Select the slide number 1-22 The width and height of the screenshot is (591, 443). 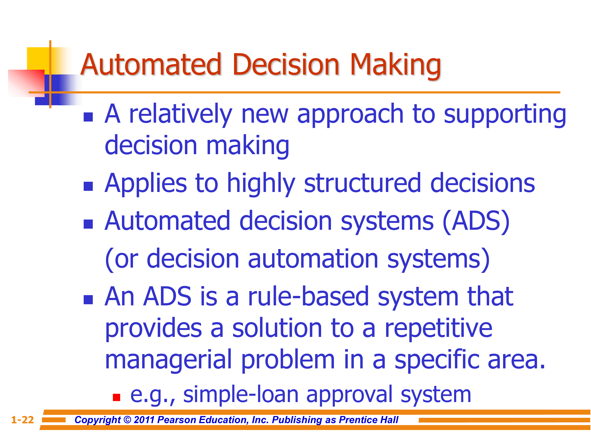point(22,420)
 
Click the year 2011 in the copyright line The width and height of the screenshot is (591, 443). point(144,420)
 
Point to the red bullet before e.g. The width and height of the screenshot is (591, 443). point(116,397)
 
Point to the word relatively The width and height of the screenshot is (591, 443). point(181,114)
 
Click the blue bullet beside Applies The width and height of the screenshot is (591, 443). point(88,186)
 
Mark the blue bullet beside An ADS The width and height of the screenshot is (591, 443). point(88,300)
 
